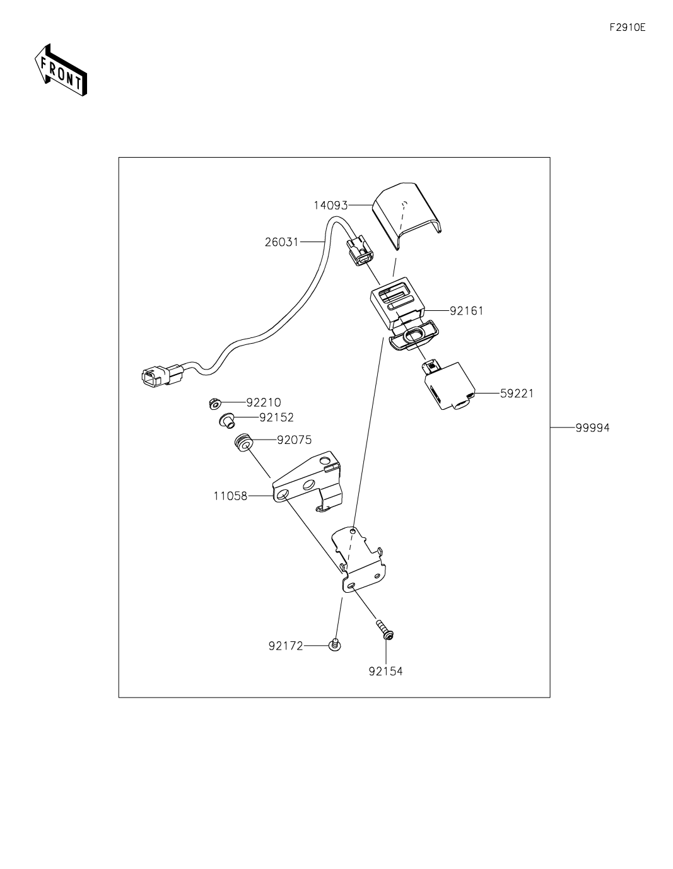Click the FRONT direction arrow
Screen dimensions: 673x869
(x=61, y=69)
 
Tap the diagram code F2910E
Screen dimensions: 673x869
(x=628, y=27)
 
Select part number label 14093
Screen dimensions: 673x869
(x=331, y=206)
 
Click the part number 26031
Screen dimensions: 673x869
(x=281, y=242)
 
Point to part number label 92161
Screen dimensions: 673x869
(x=467, y=311)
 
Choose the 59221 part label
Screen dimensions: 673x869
(x=517, y=394)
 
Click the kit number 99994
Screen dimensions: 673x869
(x=593, y=428)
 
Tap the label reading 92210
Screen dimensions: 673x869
(x=264, y=402)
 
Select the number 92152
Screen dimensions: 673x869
(x=277, y=417)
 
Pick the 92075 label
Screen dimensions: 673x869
(x=295, y=440)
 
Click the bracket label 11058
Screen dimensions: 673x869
(x=231, y=496)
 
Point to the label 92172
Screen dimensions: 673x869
(x=286, y=646)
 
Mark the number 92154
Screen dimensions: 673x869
(x=385, y=672)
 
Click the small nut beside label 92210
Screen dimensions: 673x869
(x=214, y=404)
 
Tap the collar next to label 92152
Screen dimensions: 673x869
(x=226, y=420)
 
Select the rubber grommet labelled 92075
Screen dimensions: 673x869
(x=243, y=442)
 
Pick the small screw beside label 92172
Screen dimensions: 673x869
(x=335, y=644)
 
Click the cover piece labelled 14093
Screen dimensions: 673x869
(x=406, y=216)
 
